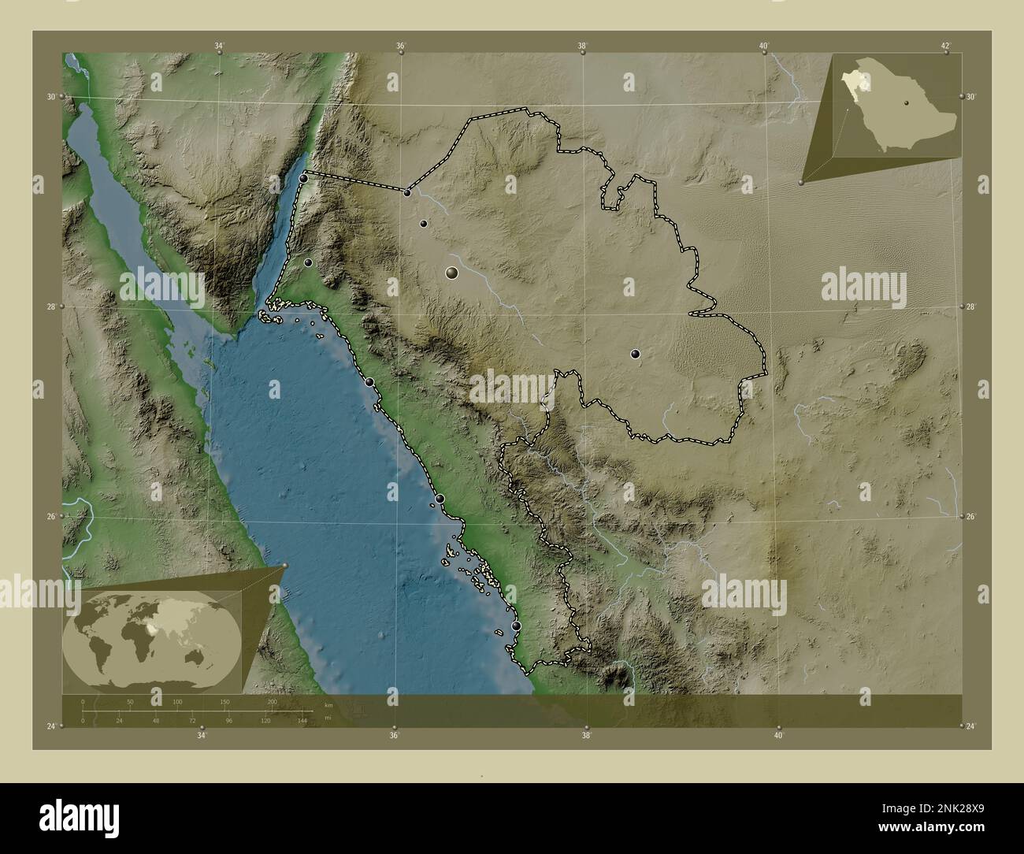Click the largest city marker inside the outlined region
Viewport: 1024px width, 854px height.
451,273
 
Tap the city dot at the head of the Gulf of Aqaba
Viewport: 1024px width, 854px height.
304,179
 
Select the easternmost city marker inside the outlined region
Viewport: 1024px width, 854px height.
635,355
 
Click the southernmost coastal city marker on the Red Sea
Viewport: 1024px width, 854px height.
516,626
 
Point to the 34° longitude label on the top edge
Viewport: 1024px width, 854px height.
219,46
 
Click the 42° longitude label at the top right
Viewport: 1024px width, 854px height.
946,46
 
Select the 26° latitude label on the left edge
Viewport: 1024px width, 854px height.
51,516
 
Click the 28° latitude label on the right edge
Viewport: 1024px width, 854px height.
971,306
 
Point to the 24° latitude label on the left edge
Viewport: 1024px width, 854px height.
51,726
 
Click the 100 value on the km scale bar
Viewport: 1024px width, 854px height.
177,701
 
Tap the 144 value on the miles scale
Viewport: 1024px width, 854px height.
302,720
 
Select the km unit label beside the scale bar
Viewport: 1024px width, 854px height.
328,705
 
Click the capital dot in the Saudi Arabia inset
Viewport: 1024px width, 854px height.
907,102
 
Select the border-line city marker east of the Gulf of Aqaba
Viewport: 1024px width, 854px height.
407,192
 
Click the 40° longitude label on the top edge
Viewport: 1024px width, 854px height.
763,46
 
